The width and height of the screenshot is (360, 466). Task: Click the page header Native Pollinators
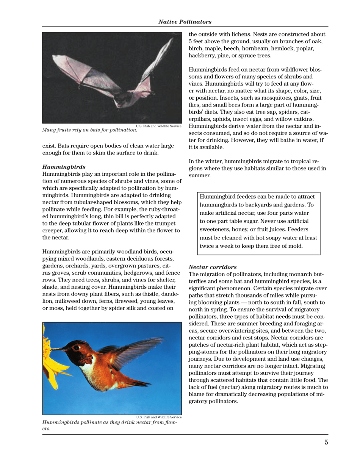click(185, 22)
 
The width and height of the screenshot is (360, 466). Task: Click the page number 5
click(326, 442)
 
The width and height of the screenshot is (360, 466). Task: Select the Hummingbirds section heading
click(64, 166)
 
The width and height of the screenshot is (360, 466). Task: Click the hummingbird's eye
click(77, 347)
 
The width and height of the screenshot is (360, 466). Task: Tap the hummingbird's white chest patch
click(88, 373)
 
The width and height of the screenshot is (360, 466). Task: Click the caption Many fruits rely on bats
click(89, 130)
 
